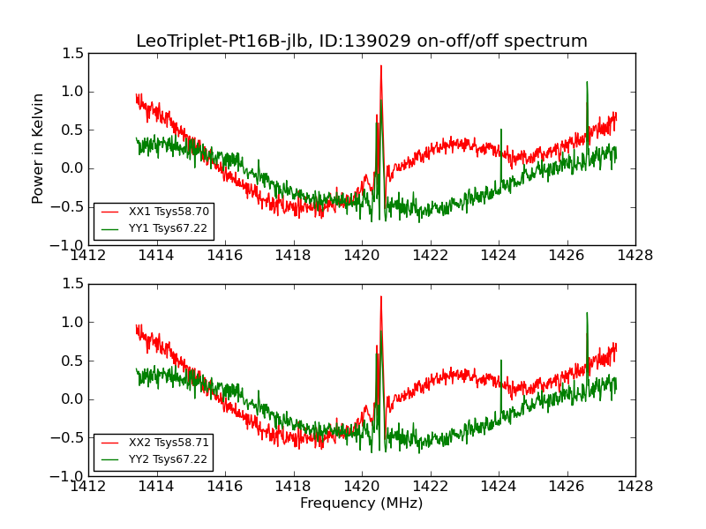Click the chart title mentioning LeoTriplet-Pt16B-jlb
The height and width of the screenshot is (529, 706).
coord(362,41)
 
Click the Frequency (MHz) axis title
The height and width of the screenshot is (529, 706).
coord(362,503)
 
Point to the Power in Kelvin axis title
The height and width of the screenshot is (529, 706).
coord(38,148)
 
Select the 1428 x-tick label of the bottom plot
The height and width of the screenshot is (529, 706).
coord(635,487)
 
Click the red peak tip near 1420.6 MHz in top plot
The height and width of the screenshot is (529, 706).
coord(381,65)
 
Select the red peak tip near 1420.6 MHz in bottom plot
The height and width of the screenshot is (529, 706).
coord(381,296)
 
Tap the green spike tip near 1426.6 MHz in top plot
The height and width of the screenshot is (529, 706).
coord(587,82)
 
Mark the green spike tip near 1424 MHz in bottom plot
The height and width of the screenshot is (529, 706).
coord(501,360)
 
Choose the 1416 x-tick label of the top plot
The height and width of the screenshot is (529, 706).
coord(225,256)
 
